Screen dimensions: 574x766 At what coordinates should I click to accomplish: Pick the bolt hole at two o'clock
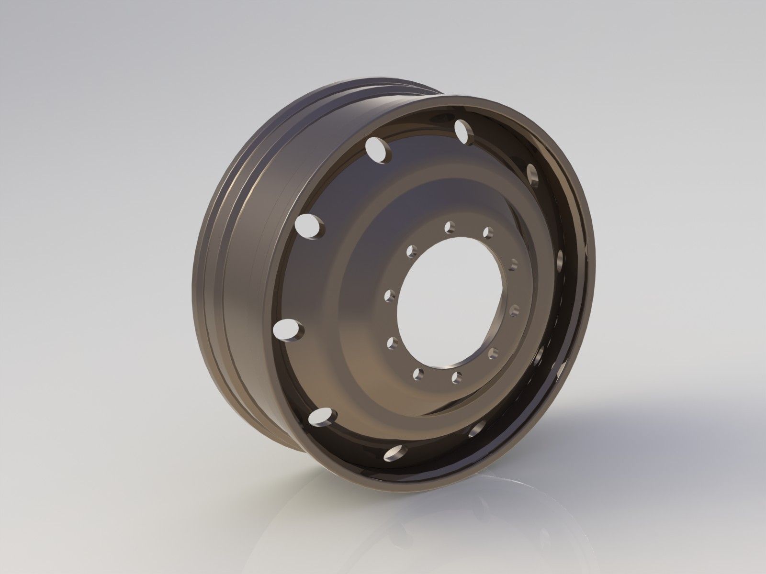coord(514,264)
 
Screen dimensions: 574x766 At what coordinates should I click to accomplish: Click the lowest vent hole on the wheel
coord(397,451)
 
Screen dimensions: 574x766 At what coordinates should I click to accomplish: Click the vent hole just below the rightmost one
coord(540,354)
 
